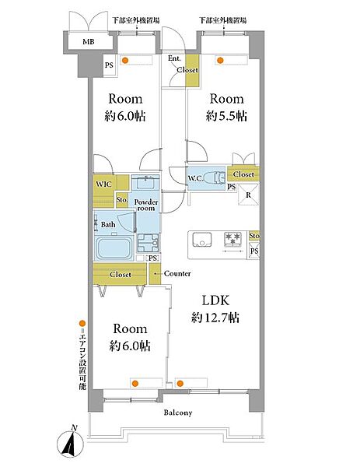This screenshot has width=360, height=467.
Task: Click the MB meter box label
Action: point(89,42)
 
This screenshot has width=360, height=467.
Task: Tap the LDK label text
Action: point(215,300)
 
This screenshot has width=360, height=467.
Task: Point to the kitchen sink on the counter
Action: point(202,240)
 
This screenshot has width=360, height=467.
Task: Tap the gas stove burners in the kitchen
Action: point(233,240)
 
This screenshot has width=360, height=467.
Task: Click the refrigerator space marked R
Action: point(249,195)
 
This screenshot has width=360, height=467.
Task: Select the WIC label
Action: point(103,184)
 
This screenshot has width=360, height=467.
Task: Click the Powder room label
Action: point(145,205)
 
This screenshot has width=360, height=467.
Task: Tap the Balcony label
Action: point(178,413)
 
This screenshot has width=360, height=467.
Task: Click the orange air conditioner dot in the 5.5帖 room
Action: point(220,61)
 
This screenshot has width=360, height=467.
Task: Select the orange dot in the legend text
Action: point(82,324)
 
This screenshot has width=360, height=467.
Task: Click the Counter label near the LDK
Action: point(177,273)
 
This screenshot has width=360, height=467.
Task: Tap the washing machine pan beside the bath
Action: point(148,243)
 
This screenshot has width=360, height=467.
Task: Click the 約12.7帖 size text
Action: point(215,318)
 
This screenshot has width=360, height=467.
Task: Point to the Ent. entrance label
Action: point(174,58)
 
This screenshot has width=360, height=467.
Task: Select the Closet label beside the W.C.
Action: point(243,174)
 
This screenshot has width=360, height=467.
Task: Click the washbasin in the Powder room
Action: point(145,183)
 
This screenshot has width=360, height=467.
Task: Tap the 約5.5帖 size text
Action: point(226,116)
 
